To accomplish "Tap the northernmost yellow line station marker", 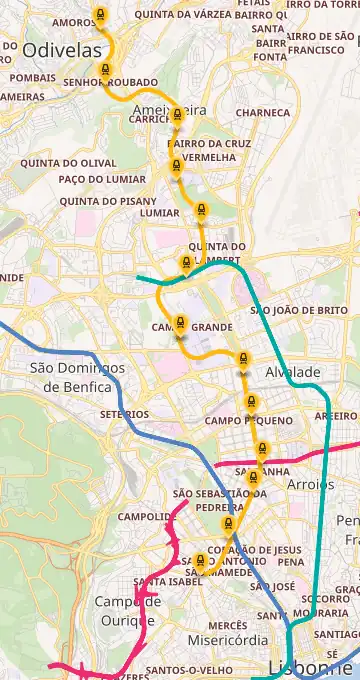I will pos(99,16).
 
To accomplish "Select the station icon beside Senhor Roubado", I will pos(105,70).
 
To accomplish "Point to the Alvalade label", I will pos(293,372).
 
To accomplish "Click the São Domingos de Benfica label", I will pos(77,376).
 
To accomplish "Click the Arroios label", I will pos(311,484).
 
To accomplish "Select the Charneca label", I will pos(263,113).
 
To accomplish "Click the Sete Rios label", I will pos(124,414).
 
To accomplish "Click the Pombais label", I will pos(32,77).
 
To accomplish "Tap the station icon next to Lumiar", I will pos(201,211).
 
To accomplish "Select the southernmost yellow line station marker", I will pos(201,562).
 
